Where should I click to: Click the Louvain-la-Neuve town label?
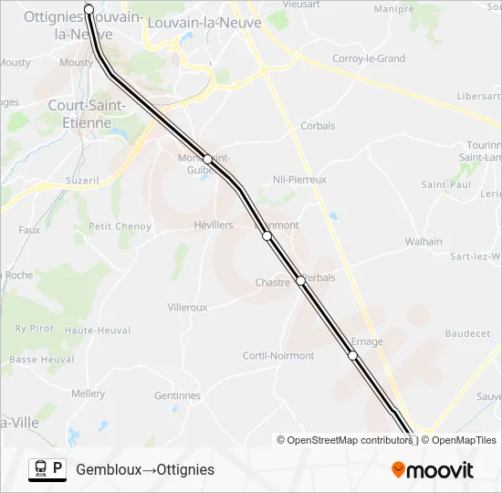204,22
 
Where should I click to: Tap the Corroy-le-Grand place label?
369,58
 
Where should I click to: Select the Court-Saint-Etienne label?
79,114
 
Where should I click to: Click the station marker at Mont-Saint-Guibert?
208,159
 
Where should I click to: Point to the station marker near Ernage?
353,355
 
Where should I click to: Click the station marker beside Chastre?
301,280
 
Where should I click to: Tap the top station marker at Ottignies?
89,9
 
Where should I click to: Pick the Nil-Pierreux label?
299,180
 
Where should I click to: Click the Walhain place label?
424,242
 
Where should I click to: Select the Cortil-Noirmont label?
278,356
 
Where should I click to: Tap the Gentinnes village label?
177,396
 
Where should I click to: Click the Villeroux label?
188,308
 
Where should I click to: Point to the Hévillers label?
214,225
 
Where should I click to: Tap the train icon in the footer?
40,469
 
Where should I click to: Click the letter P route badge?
58,469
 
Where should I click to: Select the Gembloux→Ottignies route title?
145,469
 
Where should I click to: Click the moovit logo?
433,470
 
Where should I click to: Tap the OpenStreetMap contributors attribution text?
345,440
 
